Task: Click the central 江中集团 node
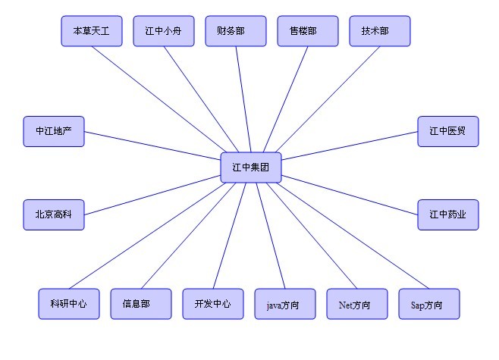(x=251, y=167)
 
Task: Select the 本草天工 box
(x=91, y=31)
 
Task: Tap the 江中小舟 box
(x=163, y=31)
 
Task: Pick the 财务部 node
(x=235, y=31)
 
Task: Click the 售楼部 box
(x=307, y=31)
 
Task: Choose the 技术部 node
(x=379, y=31)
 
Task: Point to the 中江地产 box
(x=53, y=131)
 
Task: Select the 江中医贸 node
(x=447, y=131)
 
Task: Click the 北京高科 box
(x=53, y=214)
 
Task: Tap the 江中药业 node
(x=447, y=214)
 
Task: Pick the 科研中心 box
(x=68, y=304)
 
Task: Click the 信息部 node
(x=140, y=304)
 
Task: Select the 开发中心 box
(x=212, y=304)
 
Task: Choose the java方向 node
(x=284, y=304)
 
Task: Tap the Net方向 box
(x=356, y=304)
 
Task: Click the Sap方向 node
(x=428, y=304)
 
